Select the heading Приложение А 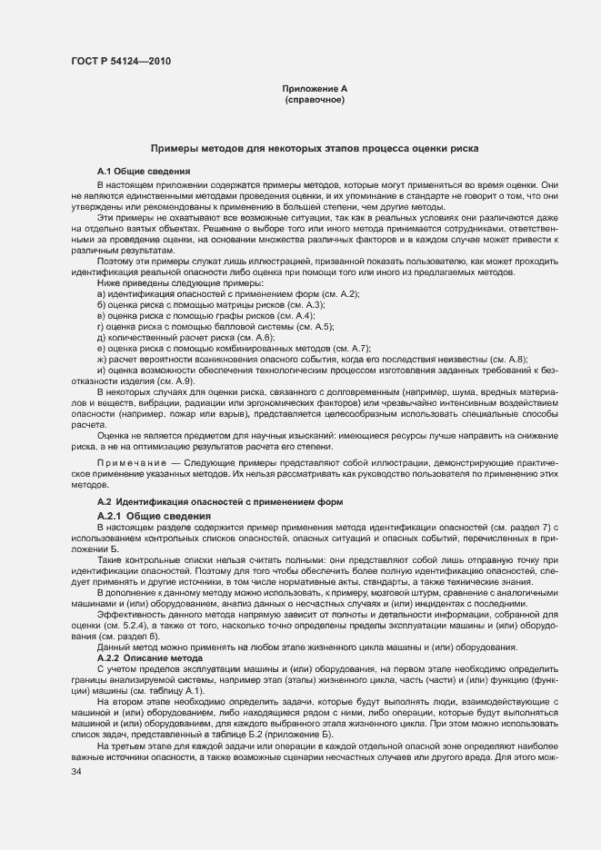pos(315,89)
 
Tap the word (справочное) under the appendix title pos(315,100)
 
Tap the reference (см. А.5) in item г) pos(314,325)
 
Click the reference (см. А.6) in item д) pos(235,335)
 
